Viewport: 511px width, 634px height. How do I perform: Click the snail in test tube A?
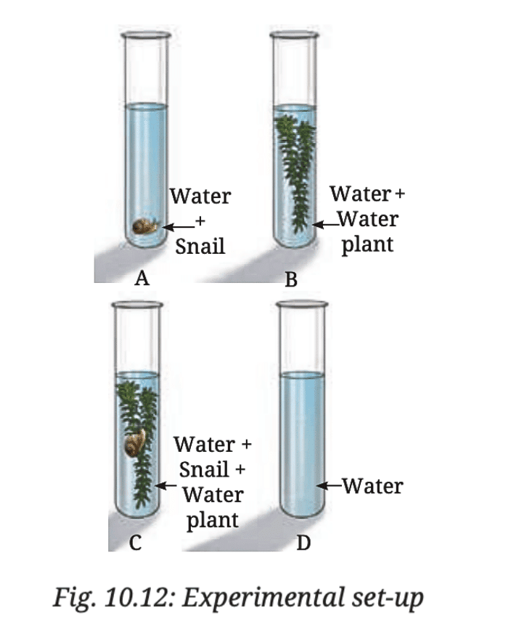click(145, 226)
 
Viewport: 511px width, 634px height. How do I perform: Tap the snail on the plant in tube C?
click(136, 442)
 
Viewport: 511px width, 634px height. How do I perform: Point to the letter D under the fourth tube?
click(303, 543)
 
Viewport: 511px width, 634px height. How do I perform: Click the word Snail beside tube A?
click(200, 246)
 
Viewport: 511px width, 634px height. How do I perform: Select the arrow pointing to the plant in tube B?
click(324, 225)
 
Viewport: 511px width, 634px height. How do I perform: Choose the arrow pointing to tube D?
click(330, 485)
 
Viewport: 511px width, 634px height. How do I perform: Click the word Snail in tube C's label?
click(203, 469)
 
